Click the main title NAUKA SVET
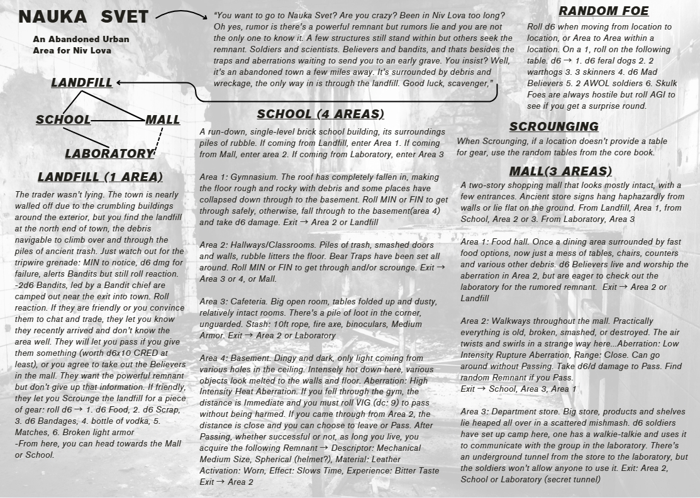83,18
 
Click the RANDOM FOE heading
603,11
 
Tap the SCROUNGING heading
553,126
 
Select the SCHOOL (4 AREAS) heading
320,114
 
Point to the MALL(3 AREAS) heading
560,171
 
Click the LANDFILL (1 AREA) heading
100,177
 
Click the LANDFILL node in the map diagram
82,82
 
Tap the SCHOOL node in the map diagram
63,119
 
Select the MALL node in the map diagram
162,119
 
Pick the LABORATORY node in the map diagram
109,153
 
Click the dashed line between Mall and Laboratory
160,140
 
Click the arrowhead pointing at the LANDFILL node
119,82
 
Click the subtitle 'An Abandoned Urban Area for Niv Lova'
81,44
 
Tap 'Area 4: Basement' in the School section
234,358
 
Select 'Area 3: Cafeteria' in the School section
235,301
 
